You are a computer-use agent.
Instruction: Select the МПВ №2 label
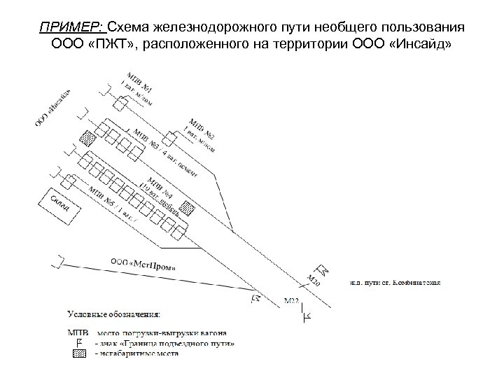[x=201, y=123]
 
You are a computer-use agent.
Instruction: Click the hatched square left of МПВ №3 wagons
[x=87, y=138]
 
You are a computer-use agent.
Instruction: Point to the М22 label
[x=291, y=302]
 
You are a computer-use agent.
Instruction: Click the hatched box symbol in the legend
[x=78, y=353]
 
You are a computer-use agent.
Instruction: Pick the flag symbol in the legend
[x=78, y=342]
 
